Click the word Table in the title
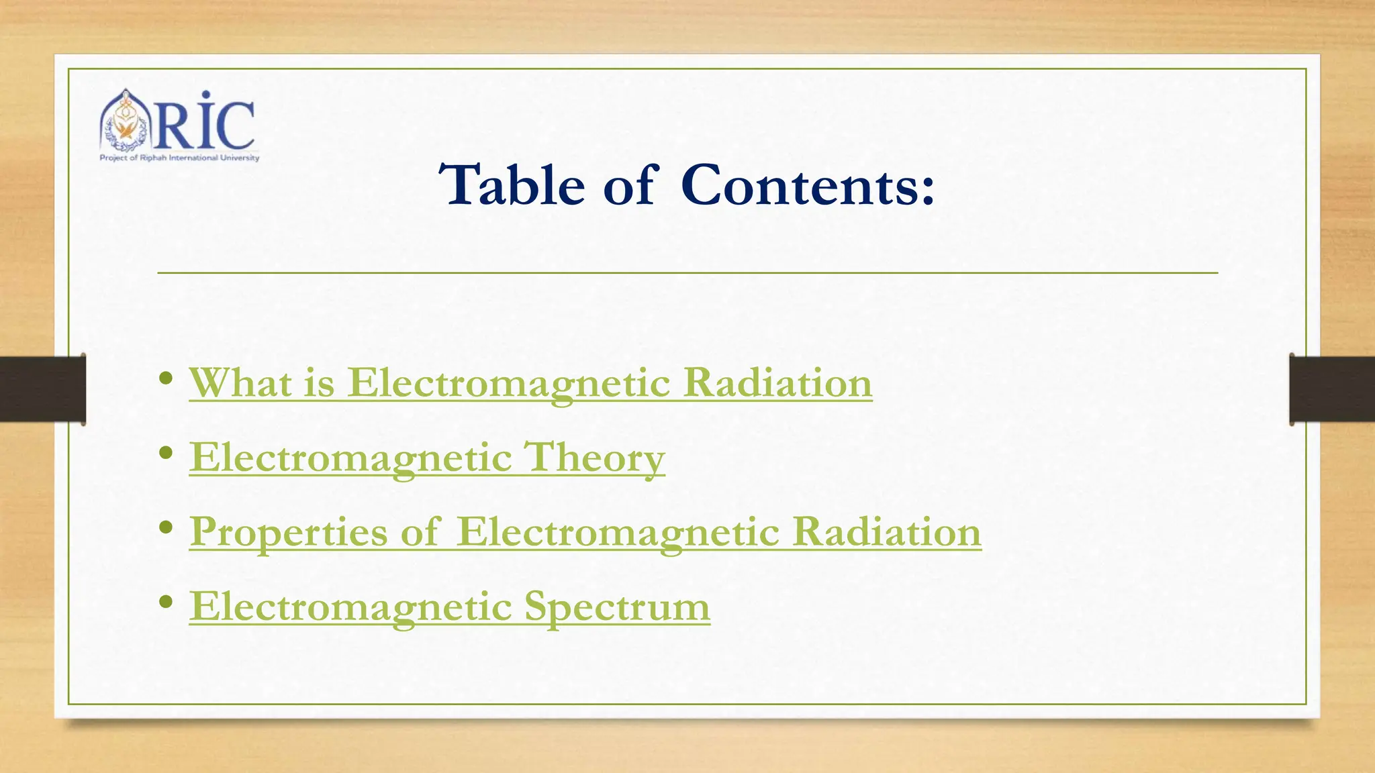coord(512,185)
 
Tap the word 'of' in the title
coord(628,185)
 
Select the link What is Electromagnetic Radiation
coord(530,383)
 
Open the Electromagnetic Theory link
coord(427,458)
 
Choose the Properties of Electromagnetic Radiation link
coord(585,532)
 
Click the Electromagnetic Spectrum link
coord(449,607)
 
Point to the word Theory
coord(594,458)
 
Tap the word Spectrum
coord(617,607)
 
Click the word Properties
coord(289,532)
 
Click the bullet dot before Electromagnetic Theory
coord(167,454)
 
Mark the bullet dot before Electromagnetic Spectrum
coord(167,603)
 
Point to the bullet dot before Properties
coord(167,528)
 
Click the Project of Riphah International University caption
coord(179,158)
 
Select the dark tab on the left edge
coord(42,389)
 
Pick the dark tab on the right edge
coord(1332,389)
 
